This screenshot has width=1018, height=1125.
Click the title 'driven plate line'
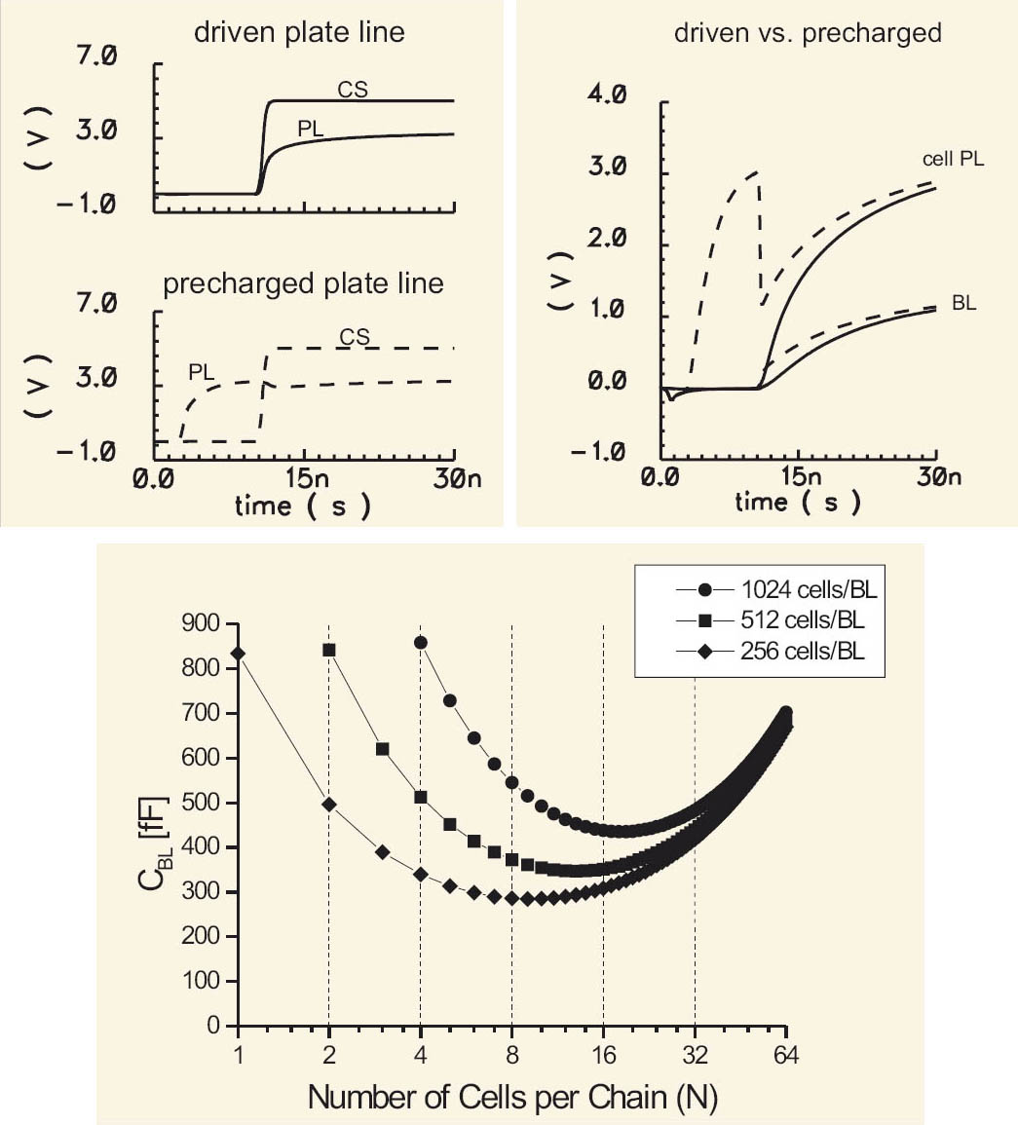coord(299,32)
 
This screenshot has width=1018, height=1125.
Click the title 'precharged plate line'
coord(303,284)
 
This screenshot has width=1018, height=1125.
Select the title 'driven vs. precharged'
coord(808,33)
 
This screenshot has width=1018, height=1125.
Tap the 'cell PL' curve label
coord(953,158)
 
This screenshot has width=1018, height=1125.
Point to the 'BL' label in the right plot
coord(963,304)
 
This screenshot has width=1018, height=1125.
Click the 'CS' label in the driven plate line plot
coord(353,90)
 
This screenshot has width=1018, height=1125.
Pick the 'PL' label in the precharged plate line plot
coord(202,371)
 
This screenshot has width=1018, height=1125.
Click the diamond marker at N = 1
coord(238,654)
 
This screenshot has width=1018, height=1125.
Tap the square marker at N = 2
coord(329,650)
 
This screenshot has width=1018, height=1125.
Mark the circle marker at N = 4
coord(421,642)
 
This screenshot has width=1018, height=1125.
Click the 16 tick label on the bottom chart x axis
coord(603,1055)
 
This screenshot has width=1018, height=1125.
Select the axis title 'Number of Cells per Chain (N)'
coord(512,1098)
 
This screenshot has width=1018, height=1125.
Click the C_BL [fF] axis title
coord(154,824)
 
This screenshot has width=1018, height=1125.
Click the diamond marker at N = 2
coord(329,805)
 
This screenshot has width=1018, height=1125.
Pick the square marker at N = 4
coord(421,797)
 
